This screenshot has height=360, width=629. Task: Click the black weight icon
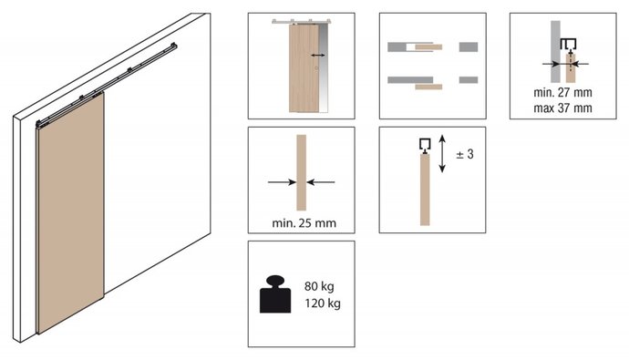pos(275,294)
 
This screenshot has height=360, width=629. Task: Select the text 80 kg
pos(319,286)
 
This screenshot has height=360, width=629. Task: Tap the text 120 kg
pos(323,303)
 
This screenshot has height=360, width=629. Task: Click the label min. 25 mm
pos(304,223)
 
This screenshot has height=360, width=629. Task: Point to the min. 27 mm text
pos(562,92)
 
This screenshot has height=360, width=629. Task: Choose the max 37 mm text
pos(562,108)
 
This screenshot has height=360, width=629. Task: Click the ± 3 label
pos(465,154)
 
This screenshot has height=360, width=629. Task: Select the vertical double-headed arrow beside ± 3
pos(442,153)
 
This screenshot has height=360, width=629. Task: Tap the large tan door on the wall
pos(70,212)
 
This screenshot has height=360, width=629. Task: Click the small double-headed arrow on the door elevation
pos(318,55)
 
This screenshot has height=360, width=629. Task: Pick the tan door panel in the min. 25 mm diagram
pos(301,172)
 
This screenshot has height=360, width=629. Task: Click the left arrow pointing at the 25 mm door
pos(282,182)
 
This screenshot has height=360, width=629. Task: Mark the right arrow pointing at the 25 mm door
pos(321,182)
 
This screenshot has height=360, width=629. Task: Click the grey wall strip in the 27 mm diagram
pos(555,51)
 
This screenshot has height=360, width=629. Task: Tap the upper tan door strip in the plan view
pos(428,46)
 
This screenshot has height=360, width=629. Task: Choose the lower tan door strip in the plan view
pos(428,87)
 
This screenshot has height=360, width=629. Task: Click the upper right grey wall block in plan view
pos(469,46)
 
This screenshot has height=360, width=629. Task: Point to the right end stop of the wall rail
pos(173,46)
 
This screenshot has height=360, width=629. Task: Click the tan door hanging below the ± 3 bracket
pos(425,190)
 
